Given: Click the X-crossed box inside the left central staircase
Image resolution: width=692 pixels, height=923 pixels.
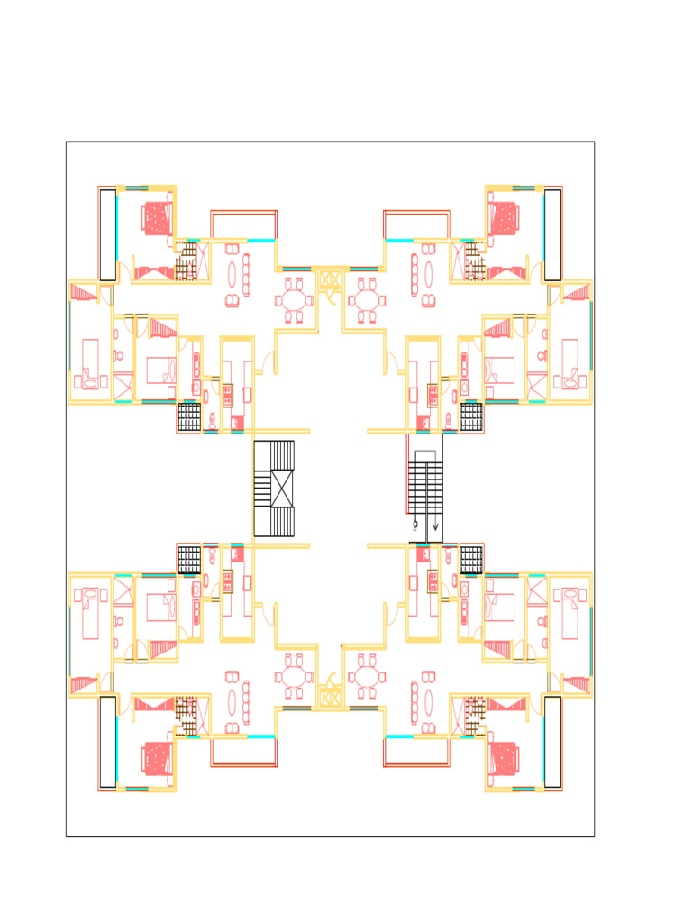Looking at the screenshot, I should [x=282, y=489].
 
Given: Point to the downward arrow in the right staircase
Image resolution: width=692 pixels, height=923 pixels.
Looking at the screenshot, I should [x=435, y=525].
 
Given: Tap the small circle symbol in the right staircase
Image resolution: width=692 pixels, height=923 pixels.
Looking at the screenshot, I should [x=415, y=524].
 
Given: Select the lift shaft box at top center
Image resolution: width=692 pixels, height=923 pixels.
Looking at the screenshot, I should [x=330, y=279].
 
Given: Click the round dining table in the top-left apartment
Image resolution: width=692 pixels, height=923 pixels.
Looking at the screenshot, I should [x=295, y=298].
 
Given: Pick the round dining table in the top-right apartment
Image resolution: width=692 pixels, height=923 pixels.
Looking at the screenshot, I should [x=366, y=298].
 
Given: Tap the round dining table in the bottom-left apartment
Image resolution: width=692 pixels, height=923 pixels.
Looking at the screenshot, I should [x=295, y=677].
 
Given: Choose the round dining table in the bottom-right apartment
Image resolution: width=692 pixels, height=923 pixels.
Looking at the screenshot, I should [x=366, y=677].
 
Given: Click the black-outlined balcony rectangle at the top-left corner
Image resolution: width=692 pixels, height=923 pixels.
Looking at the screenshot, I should [x=107, y=234].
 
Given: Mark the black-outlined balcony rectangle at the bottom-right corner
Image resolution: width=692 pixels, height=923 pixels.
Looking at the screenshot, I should [x=552, y=741].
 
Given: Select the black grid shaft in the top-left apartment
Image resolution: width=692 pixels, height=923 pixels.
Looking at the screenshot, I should [x=189, y=416].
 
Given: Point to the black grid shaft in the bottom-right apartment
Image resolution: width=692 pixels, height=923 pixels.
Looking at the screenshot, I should [x=471, y=560].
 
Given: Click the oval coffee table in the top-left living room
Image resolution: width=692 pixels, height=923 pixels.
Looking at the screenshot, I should [x=232, y=274].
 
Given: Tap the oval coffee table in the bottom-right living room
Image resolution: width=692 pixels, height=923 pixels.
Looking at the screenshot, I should [x=428, y=702].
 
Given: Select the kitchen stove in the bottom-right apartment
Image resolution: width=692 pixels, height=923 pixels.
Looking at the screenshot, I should [x=432, y=582].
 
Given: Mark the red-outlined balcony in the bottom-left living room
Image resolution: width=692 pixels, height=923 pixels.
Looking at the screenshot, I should [x=243, y=752].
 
